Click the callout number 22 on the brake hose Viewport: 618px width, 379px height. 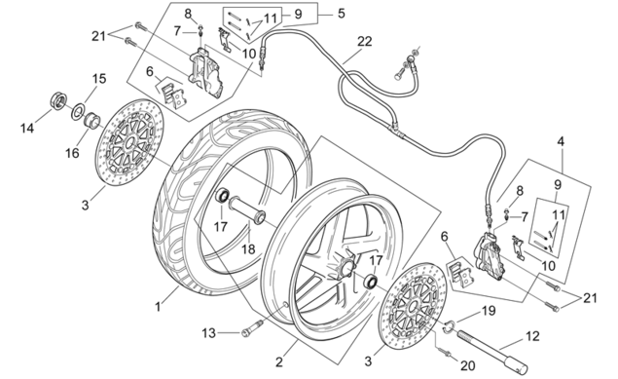click(365, 41)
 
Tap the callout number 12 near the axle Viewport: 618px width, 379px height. click(532, 336)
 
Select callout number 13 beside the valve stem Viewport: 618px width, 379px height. click(209, 333)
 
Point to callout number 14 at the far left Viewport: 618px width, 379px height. click(27, 128)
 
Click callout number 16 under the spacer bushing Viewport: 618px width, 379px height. click(73, 153)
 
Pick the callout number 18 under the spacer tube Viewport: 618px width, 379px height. click(248, 248)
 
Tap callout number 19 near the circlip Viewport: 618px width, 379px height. click(489, 311)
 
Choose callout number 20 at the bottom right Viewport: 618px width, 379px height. click(468, 365)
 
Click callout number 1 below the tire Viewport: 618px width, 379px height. click(158, 306)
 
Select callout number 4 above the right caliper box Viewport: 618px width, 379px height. click(561, 141)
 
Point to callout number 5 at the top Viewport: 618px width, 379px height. click(342, 14)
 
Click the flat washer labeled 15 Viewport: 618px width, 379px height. click(79, 111)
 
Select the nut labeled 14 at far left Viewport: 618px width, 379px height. click(58, 101)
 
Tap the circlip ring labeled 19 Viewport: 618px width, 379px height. click(450, 327)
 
